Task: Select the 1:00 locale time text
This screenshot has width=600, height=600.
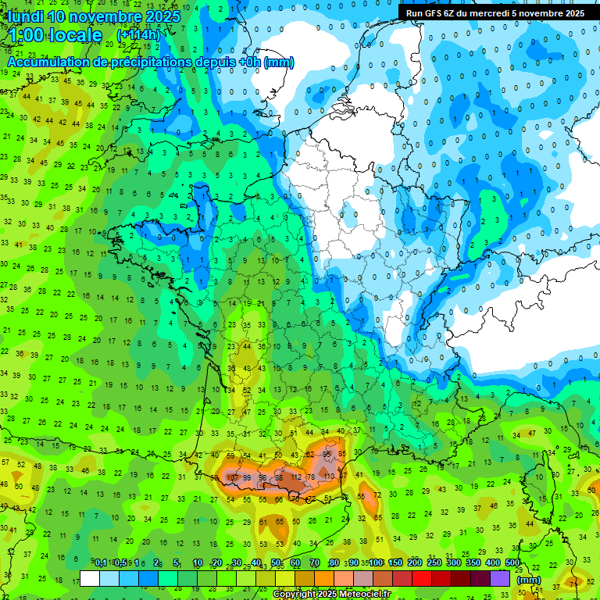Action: click(55, 35)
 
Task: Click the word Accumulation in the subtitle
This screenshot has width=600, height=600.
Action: click(48, 62)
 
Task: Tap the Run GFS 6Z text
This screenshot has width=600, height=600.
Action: click(433, 13)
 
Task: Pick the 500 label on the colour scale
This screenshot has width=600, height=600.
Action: click(512, 563)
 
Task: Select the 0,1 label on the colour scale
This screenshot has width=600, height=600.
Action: click(100, 563)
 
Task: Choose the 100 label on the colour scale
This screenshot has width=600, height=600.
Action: click(377, 563)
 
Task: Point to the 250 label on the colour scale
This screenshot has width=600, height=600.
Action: click(434, 563)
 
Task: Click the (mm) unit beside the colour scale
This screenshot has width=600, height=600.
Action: click(529, 580)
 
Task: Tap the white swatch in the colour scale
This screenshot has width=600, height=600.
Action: click(90, 578)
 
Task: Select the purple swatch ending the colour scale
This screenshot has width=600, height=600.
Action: click(500, 578)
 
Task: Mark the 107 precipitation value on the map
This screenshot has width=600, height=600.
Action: click(232, 477)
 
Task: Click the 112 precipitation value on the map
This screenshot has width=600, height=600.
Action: click(296, 477)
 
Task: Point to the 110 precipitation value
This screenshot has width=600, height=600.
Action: click(329, 476)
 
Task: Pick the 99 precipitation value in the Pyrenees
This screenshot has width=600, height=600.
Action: click(248, 477)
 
